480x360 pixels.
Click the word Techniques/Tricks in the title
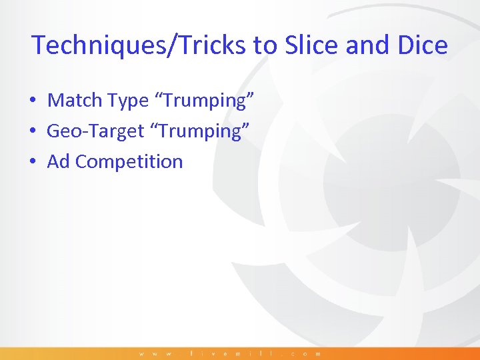139,45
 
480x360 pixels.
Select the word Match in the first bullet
74,100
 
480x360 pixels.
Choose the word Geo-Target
95,131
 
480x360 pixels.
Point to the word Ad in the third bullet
59,161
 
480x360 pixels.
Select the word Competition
129,162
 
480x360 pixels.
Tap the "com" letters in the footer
304,353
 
